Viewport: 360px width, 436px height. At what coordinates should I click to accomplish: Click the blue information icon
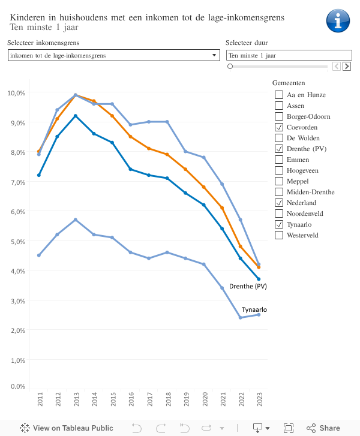coord(338,20)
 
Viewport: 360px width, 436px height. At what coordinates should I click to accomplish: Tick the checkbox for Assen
coord(279,106)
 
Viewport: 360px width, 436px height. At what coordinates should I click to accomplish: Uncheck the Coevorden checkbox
coord(279,127)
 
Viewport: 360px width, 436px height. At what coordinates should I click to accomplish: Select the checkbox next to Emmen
coord(279,160)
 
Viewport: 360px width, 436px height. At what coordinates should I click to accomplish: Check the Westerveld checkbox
coord(279,235)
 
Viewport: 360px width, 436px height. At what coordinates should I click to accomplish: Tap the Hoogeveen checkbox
coord(279,170)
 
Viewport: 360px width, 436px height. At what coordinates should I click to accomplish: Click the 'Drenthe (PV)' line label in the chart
coord(248,286)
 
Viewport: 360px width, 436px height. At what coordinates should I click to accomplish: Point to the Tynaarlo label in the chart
coord(254,309)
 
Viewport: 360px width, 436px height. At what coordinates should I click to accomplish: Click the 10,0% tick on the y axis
coord(16,93)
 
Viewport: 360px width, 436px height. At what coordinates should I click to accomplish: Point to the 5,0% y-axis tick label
coord(16,241)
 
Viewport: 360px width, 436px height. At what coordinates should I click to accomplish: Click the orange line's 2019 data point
coord(185,170)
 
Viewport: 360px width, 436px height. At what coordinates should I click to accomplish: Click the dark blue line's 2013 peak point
coord(76,116)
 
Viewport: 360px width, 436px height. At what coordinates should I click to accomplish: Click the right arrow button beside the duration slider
coord(347,66)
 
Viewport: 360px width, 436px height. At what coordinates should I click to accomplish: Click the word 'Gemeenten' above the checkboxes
coord(289,82)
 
